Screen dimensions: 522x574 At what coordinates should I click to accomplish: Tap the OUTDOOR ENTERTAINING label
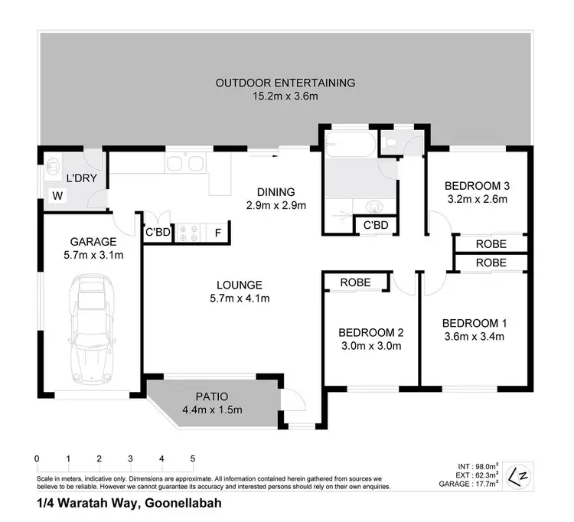coord(285,83)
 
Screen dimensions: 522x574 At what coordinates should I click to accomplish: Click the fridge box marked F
coord(217,233)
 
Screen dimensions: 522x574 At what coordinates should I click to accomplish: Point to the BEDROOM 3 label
coord(477,186)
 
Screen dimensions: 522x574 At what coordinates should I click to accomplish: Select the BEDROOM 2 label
coord(370,332)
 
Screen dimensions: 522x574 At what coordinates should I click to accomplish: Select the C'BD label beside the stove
coord(158,233)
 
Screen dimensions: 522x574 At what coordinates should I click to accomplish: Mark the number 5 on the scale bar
coord(193,458)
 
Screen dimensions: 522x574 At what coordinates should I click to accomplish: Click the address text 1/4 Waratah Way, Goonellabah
coord(129,504)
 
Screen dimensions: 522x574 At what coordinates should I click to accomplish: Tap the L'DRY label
coord(80,178)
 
